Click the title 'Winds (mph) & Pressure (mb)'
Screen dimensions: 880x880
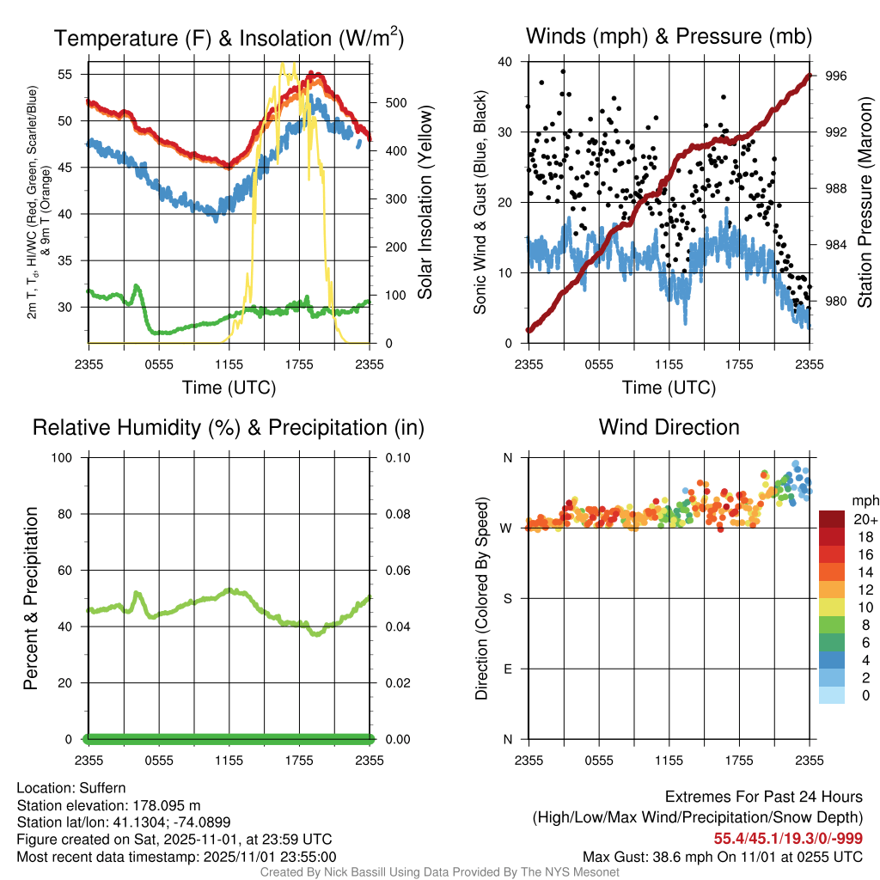(x=669, y=36)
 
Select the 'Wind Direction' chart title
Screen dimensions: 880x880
(x=669, y=426)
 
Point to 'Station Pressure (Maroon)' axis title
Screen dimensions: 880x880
(x=865, y=203)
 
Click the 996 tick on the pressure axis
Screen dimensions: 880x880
(x=836, y=76)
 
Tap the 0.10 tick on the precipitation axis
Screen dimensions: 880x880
(x=396, y=457)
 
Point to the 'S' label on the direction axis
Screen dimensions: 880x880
(x=507, y=598)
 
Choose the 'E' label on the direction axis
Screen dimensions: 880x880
(x=507, y=669)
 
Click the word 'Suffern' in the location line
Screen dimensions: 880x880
(x=102, y=787)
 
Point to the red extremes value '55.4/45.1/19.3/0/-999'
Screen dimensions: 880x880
(x=788, y=838)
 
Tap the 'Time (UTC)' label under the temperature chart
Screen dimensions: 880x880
(x=229, y=388)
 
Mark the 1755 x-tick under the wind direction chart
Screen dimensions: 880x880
(x=739, y=760)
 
